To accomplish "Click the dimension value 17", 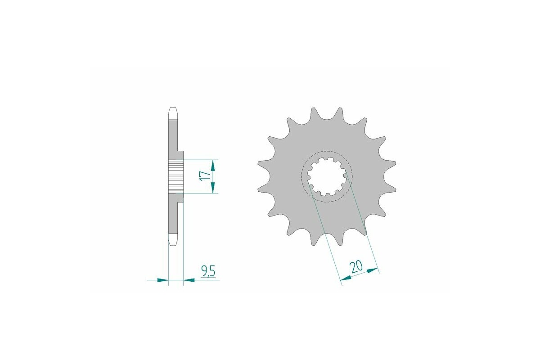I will pos(205,175).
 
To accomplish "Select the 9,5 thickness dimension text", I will pos(208,271).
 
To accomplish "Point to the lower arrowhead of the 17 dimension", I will pos(213,189).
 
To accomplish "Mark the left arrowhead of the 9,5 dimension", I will pos(163,280).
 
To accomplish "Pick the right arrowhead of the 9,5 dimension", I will pos(189,280).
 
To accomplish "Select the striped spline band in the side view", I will pos(176,176).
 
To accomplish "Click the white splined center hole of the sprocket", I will pos(327,176).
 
